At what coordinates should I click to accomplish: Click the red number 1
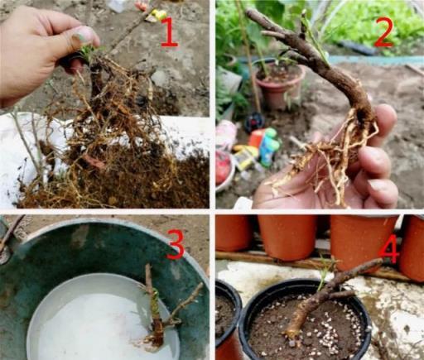click(169, 31)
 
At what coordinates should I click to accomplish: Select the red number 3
click(175, 245)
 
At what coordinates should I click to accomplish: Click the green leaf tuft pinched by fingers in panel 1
click(89, 52)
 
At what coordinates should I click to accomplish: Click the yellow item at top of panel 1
click(157, 14)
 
